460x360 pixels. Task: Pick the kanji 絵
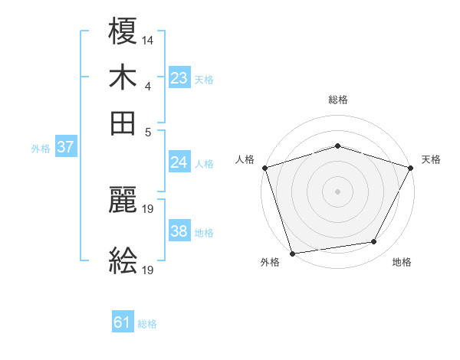click(123, 261)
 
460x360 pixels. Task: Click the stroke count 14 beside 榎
click(147, 39)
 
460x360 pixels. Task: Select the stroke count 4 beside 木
click(147, 85)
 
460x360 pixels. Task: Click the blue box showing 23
click(179, 77)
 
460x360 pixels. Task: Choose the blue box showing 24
click(179, 162)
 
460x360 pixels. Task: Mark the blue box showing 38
click(179, 231)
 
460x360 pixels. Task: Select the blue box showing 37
click(65, 148)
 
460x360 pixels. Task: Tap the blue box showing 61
click(123, 322)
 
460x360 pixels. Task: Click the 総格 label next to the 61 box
click(147, 324)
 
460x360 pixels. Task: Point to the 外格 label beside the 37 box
click(40, 149)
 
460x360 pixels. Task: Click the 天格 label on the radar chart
click(431, 159)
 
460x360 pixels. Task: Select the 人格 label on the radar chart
click(245, 159)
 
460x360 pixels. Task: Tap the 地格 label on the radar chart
click(402, 262)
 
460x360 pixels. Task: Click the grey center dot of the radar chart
click(337, 191)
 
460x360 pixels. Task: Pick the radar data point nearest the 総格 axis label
click(337, 146)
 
